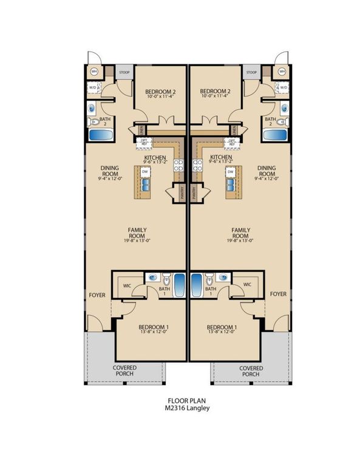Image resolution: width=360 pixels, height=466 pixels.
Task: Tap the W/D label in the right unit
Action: (x=283, y=87)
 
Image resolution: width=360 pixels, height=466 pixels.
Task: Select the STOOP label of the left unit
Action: (x=124, y=72)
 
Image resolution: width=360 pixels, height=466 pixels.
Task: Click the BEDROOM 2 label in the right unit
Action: (x=216, y=92)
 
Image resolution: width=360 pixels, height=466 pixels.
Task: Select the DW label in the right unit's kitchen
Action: (x=231, y=172)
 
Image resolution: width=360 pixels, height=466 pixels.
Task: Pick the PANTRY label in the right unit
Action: (x=194, y=193)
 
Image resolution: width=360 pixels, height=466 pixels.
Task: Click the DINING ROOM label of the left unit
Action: (x=110, y=172)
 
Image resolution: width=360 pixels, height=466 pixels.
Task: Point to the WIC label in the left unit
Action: (x=129, y=284)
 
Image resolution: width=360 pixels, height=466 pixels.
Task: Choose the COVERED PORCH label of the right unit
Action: (x=251, y=371)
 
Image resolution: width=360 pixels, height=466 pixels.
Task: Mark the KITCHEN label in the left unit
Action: (x=155, y=158)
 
